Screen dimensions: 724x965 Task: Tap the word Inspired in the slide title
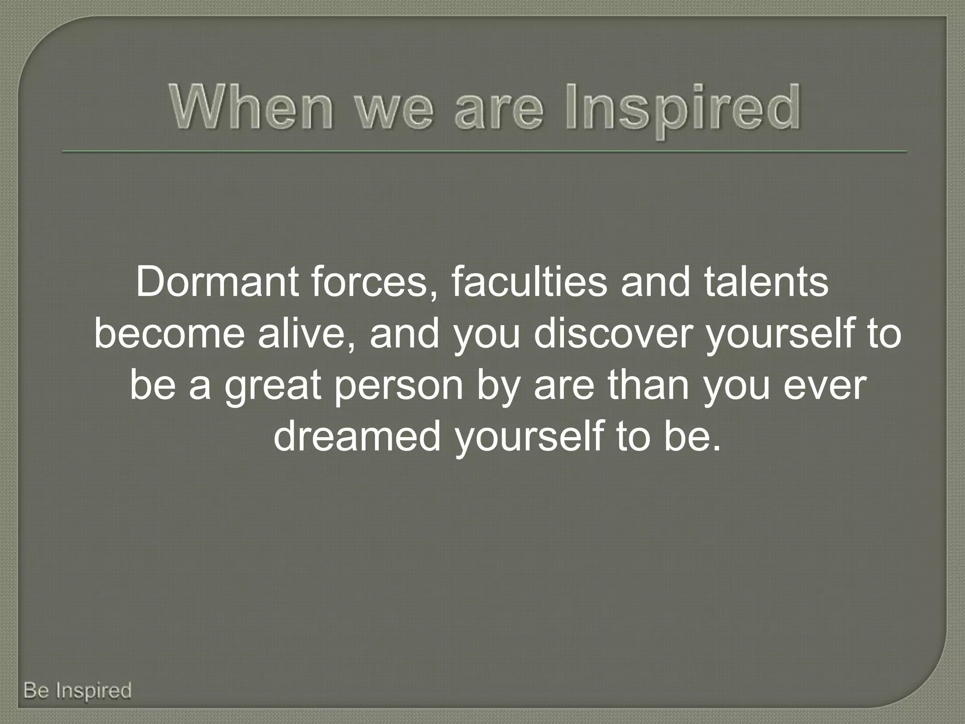(682, 109)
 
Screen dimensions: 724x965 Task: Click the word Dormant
(217, 282)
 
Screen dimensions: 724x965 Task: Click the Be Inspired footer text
(77, 691)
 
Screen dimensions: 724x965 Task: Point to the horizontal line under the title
(484, 152)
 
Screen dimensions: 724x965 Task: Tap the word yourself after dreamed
(528, 437)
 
